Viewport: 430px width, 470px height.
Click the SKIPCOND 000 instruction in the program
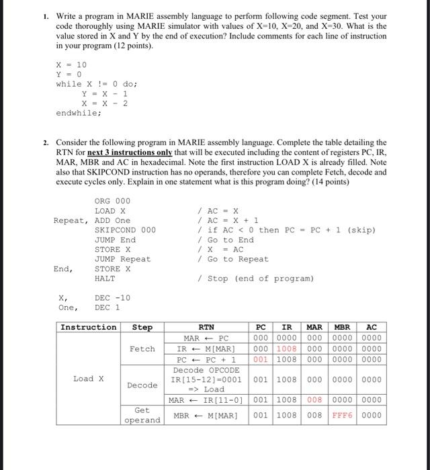[125, 230]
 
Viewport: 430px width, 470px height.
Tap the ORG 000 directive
[112, 201]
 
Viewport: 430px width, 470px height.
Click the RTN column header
[212, 327]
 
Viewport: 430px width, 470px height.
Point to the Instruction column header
[88, 327]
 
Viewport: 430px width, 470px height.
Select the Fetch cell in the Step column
[142, 348]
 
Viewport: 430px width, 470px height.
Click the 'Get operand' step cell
[142, 415]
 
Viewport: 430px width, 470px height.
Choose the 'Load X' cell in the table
[88, 379]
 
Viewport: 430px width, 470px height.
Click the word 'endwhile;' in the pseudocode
[78, 113]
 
